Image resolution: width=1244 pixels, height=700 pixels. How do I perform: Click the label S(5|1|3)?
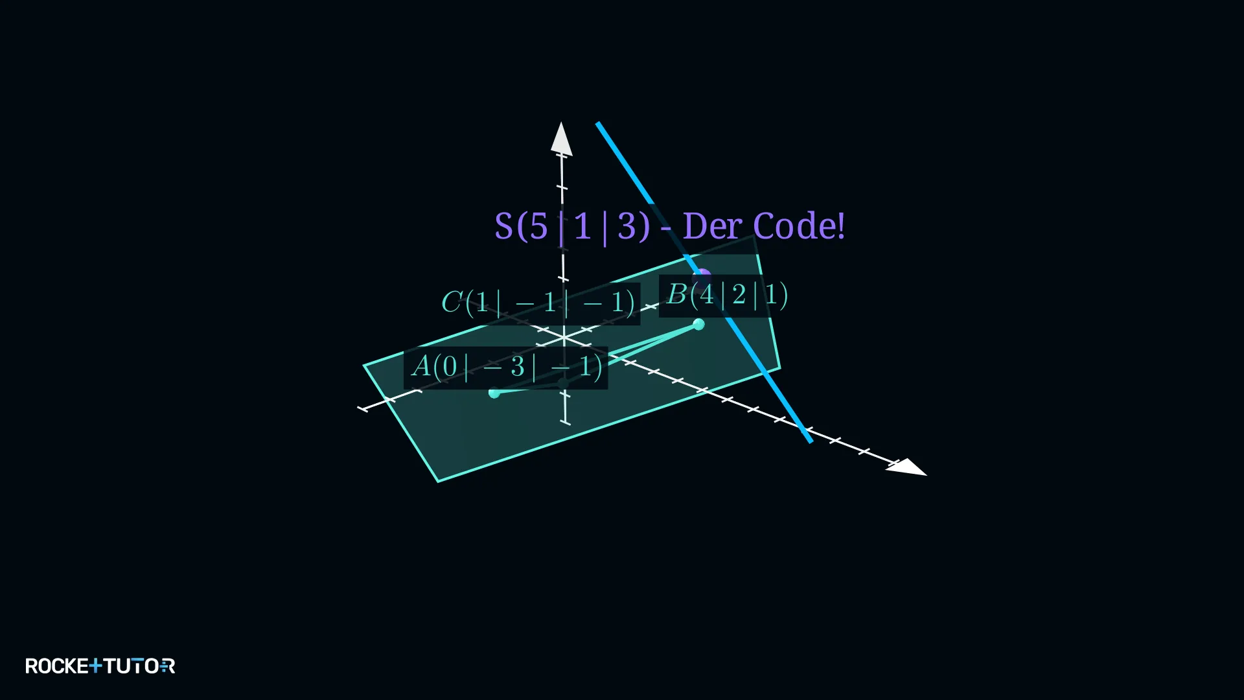572,227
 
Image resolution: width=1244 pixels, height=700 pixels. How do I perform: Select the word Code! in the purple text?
799,226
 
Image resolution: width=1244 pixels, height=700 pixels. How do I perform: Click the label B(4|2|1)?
727,295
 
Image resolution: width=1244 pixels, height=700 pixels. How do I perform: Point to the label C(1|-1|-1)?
538,303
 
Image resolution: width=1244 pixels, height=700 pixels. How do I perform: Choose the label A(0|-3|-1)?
507,367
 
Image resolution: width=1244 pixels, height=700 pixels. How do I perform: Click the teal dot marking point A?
494,393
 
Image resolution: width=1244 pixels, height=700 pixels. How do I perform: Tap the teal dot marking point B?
698,324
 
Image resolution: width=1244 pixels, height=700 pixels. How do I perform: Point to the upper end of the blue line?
598,123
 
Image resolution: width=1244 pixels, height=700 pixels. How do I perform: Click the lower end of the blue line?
810,441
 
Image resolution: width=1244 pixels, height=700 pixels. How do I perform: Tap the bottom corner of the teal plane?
439,482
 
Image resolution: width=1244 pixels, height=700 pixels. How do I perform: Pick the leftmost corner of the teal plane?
364,366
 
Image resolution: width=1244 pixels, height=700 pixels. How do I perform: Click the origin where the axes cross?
564,338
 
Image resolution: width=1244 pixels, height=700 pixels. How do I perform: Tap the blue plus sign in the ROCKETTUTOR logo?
95,665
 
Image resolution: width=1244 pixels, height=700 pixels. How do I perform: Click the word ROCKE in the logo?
57,666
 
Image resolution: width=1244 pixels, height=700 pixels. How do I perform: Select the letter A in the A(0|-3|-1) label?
421,366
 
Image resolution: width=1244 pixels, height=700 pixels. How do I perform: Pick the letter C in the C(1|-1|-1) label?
452,302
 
